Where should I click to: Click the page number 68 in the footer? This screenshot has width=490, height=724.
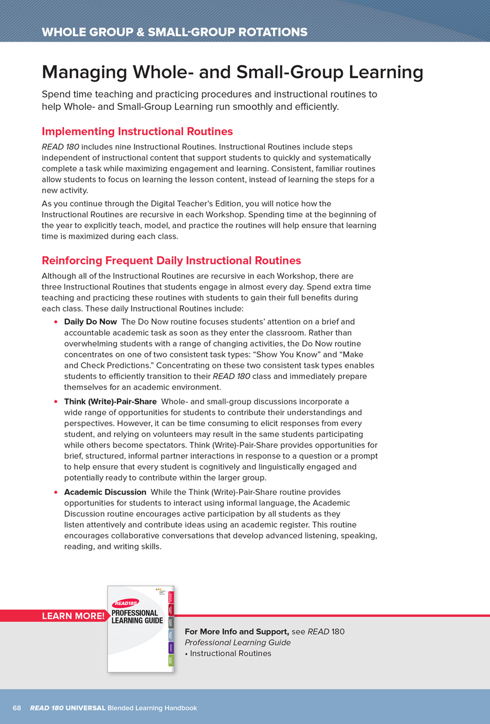(x=17, y=708)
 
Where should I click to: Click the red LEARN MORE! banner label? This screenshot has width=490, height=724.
(x=73, y=616)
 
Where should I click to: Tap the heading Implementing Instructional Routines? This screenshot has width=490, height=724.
(x=137, y=131)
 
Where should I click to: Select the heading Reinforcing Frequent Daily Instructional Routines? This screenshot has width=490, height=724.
(x=171, y=260)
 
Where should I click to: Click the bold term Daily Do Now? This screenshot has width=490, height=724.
(x=90, y=322)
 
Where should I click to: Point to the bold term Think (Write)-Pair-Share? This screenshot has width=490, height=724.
(x=110, y=401)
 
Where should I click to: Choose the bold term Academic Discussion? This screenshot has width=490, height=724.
(x=105, y=492)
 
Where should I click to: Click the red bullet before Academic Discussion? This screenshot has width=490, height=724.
(x=56, y=492)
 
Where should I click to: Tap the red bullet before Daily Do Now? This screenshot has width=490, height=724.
(x=56, y=322)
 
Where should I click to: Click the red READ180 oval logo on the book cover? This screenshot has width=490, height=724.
(x=125, y=603)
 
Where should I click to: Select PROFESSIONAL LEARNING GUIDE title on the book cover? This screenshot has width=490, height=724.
(x=137, y=617)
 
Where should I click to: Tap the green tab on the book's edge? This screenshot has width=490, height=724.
(x=171, y=660)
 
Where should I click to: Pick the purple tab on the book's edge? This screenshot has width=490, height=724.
(x=171, y=647)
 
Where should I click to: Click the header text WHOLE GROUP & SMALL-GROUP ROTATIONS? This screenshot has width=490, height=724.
(x=174, y=32)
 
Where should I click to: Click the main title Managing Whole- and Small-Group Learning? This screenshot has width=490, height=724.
(x=232, y=72)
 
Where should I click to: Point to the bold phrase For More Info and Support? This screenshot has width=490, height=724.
(x=237, y=631)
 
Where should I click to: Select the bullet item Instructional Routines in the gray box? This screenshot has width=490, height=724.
(x=230, y=653)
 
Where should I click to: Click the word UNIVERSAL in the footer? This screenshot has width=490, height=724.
(x=85, y=708)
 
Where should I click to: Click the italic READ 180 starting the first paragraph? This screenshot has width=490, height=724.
(x=60, y=147)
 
